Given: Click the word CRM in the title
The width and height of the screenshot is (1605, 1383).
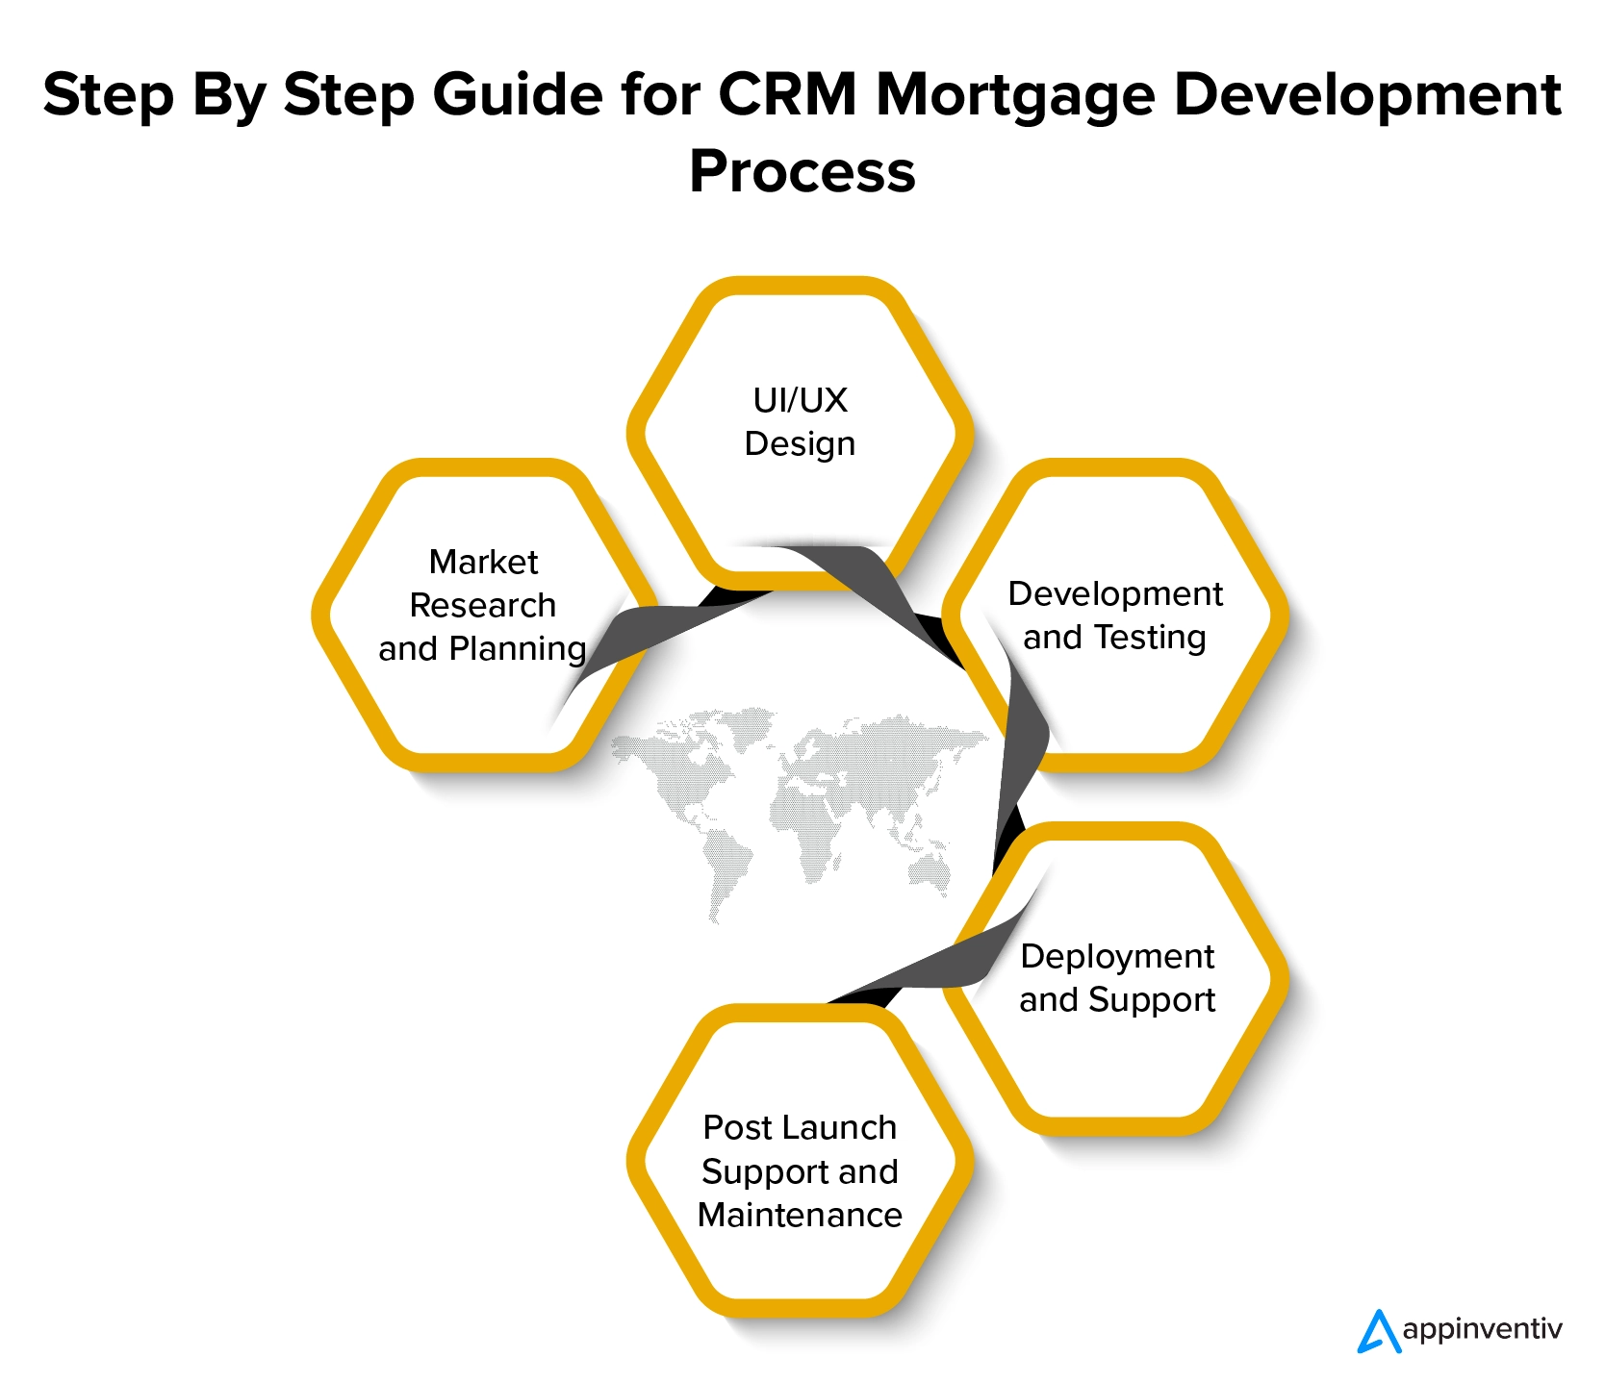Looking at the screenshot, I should [x=786, y=95].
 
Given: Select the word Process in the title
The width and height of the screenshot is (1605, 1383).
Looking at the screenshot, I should [x=802, y=172].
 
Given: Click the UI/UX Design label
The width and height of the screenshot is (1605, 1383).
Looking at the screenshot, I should [x=800, y=422].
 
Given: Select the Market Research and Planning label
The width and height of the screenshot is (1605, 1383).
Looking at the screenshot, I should [x=482, y=605].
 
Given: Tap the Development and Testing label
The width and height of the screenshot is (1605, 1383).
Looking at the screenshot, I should [x=1115, y=616].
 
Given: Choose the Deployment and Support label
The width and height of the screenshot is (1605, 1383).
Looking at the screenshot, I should [x=1117, y=978].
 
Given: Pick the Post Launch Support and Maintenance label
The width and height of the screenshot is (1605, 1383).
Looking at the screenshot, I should [x=800, y=1171].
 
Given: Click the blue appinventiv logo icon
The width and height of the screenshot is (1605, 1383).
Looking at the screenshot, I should [x=1379, y=1331].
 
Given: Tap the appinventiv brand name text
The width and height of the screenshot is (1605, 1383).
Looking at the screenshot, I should [x=1482, y=1330].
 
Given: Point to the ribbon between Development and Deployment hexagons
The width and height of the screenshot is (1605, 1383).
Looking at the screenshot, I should [x=1020, y=769].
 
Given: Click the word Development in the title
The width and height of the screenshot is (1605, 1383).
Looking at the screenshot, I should [x=1367, y=95].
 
